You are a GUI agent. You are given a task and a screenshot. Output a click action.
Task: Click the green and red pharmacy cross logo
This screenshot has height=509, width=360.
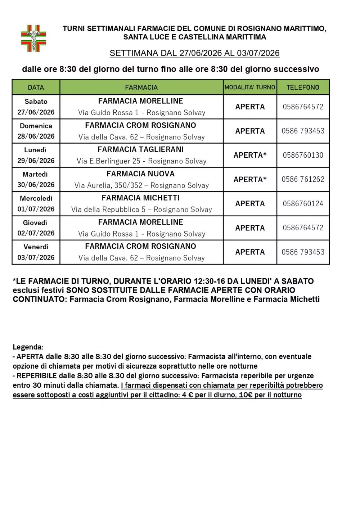coord(33,38)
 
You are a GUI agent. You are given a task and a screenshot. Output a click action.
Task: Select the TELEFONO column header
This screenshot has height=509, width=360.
coord(303,87)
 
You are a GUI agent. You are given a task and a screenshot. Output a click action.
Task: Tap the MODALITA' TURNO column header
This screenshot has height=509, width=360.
coord(250,87)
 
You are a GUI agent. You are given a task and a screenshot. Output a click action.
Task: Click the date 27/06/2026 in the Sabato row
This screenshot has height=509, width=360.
coord(36,112)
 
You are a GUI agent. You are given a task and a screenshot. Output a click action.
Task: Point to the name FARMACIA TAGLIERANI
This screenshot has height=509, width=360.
coord(140,149)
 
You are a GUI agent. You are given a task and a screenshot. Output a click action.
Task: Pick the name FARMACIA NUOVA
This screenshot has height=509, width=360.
coord(140,174)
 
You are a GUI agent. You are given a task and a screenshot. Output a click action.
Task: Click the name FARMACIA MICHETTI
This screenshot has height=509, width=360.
coord(140,198)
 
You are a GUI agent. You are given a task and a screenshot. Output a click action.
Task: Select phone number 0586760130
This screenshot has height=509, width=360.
coord(303,155)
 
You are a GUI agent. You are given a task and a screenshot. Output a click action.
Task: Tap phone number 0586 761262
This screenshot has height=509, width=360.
coord(303,179)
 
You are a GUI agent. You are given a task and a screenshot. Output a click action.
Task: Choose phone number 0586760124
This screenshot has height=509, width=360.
coord(303,204)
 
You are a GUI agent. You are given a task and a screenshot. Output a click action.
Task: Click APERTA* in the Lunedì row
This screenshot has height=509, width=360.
coord(250,155)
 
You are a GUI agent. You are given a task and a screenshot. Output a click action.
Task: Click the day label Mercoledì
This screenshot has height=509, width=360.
coord(36,198)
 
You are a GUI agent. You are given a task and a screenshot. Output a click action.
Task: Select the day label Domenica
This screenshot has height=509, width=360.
coord(36,126)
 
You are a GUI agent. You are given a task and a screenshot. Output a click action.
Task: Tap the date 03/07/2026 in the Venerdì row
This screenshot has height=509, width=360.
coord(36,257)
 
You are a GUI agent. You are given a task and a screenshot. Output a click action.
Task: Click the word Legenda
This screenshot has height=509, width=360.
coord(28,347)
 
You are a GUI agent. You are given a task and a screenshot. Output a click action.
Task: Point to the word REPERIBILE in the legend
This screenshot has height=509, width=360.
coord(36,376)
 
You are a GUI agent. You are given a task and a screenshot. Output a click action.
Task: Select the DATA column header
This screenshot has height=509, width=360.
coord(36,87)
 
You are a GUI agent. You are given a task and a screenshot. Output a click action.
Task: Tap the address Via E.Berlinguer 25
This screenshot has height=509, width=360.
coord(108,161)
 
